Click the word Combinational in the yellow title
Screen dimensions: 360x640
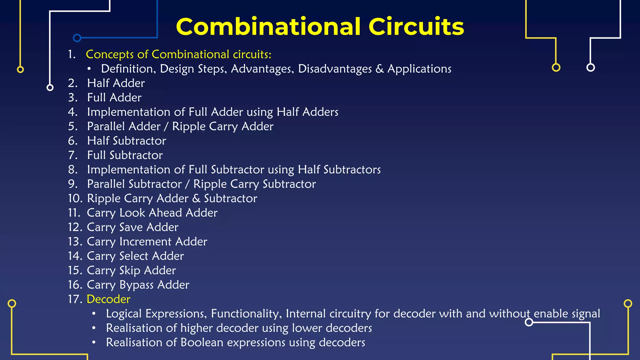pos(268,27)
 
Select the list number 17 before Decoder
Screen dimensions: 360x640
pos(75,299)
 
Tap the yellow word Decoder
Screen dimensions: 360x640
pos(108,299)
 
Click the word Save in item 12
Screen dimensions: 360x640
pos(131,227)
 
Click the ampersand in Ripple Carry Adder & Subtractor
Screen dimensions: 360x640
pos(196,198)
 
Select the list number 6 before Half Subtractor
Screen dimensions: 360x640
pos(72,141)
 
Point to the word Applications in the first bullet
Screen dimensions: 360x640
pos(419,69)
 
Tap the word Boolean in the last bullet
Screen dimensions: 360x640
pos(202,342)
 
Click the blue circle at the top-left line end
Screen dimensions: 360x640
pos(77,38)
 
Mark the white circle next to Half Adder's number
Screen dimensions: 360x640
pos(50,87)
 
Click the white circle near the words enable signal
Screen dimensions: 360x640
pos(529,322)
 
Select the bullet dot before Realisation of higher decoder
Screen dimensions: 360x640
pos(94,328)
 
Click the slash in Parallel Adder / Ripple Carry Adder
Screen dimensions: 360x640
pos(166,127)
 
